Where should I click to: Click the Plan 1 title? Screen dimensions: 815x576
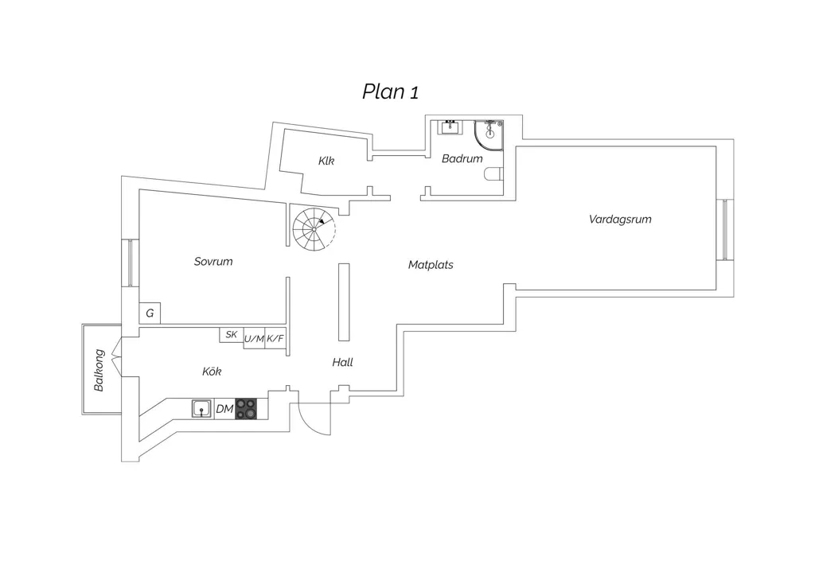[390, 91]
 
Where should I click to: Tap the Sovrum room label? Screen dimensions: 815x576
[213, 261]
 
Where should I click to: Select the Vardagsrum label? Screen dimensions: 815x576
[620, 219]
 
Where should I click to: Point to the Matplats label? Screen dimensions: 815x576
[431, 265]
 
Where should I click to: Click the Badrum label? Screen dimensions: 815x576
[462, 158]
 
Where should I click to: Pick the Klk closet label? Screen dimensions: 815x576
[326, 161]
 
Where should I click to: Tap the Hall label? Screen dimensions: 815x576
[342, 362]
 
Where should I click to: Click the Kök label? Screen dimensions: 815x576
[212, 372]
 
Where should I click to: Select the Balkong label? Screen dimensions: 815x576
[99, 370]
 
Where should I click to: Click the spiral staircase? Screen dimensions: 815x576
[314, 229]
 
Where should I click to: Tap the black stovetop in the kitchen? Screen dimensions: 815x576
[247, 409]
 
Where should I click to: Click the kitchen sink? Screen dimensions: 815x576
[201, 409]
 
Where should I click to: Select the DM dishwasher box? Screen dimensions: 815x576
[224, 409]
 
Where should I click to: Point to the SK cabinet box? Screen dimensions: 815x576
[232, 335]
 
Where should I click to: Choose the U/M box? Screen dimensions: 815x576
[254, 339]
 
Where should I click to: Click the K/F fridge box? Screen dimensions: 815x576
[275, 339]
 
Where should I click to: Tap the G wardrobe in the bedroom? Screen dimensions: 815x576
[150, 313]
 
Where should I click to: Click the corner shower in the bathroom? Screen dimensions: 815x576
[489, 135]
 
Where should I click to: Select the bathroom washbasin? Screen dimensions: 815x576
[450, 126]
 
